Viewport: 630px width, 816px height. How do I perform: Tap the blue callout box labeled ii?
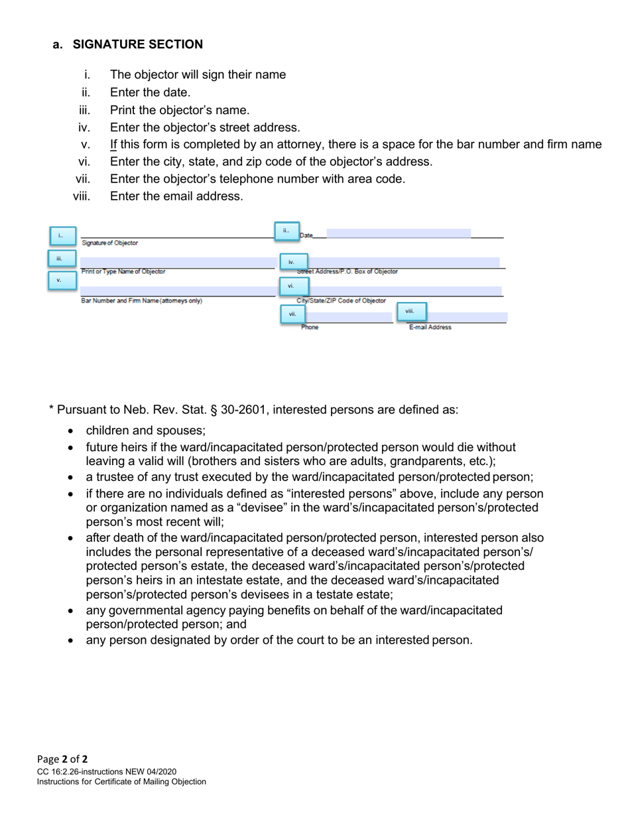pyautogui.click(x=286, y=231)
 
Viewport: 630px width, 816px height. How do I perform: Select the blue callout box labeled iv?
pyautogui.click(x=293, y=262)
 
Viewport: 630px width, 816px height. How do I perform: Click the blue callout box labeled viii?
pyautogui.click(x=411, y=311)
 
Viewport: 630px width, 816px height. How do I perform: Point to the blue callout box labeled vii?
pyautogui.click(x=293, y=314)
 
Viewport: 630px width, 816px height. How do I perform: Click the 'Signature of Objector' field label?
pyautogui.click(x=110, y=243)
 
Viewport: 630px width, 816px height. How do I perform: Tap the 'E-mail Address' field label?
pyautogui.click(x=430, y=327)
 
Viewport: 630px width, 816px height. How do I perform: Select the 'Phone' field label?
pyautogui.click(x=310, y=327)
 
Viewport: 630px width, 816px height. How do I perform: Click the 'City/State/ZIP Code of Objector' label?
pyautogui.click(x=341, y=301)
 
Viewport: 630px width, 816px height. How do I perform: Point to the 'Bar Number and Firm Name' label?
pyautogui.click(x=141, y=301)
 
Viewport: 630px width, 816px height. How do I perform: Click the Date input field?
pyautogui.click(x=398, y=234)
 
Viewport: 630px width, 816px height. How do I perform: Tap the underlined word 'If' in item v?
pyautogui.click(x=113, y=145)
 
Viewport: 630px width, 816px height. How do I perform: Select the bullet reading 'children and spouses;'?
pyautogui.click(x=146, y=430)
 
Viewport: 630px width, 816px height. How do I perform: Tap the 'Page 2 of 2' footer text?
pyautogui.click(x=62, y=759)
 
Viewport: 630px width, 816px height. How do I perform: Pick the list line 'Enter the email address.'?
pyautogui.click(x=176, y=196)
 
